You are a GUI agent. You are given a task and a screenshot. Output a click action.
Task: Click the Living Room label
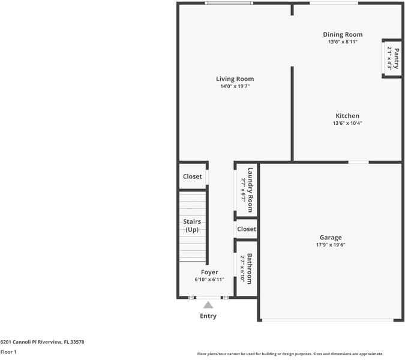click(x=235, y=79)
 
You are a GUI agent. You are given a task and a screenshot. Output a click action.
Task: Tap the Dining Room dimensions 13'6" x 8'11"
click(x=343, y=42)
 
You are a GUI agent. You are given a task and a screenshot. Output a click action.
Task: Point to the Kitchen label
click(x=347, y=116)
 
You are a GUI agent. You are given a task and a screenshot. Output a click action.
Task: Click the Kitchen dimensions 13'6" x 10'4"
click(x=347, y=124)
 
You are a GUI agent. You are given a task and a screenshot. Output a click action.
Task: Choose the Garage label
click(x=330, y=238)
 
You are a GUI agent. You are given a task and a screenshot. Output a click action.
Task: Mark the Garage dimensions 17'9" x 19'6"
click(x=330, y=245)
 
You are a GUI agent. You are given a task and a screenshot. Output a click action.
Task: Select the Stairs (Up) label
click(x=192, y=226)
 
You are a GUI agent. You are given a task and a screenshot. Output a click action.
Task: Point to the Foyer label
click(x=209, y=272)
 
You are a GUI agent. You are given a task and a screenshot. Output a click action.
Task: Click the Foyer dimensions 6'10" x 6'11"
click(x=209, y=280)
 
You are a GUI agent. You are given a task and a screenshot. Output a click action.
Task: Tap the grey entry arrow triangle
click(x=208, y=305)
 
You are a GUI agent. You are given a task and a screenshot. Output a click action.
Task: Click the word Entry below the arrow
click(x=208, y=316)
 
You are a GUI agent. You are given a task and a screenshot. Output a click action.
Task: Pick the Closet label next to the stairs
click(x=192, y=177)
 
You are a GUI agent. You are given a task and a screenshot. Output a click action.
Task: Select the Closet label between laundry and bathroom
click(x=246, y=229)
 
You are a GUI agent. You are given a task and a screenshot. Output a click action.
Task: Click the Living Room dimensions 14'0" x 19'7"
click(x=235, y=86)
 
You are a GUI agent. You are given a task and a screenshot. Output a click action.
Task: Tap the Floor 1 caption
click(x=8, y=352)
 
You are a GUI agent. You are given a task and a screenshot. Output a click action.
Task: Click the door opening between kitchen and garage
click(x=359, y=161)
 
